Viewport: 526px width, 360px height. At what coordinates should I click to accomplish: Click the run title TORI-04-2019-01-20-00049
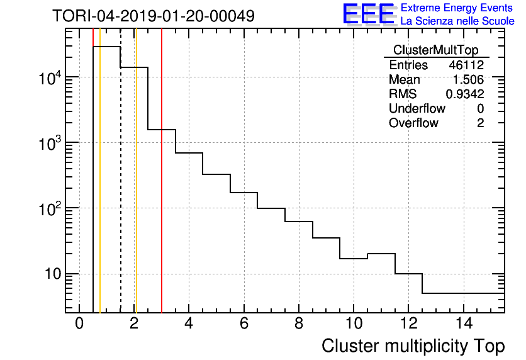point(154,16)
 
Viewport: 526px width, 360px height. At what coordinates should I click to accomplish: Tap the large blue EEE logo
point(369,14)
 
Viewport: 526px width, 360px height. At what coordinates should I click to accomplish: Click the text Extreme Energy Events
point(457,8)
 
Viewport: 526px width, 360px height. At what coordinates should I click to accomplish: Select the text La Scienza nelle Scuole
point(457,21)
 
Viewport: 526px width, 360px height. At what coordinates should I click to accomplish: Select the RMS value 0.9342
point(465,94)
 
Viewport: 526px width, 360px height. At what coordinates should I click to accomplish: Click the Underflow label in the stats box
point(417,109)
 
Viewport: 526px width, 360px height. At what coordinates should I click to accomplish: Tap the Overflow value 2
point(480,123)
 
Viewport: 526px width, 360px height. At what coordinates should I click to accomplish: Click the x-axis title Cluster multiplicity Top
point(413,346)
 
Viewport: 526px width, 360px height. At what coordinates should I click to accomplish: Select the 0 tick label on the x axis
point(79,324)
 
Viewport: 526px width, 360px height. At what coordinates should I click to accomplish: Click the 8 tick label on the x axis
point(299,324)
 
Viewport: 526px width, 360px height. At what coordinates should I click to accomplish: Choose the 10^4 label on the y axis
point(48,78)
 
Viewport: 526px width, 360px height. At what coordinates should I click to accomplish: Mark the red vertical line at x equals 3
point(162,189)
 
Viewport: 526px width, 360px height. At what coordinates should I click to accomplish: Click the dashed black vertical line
point(120,189)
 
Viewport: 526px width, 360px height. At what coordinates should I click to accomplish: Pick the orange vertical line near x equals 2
point(136,189)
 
